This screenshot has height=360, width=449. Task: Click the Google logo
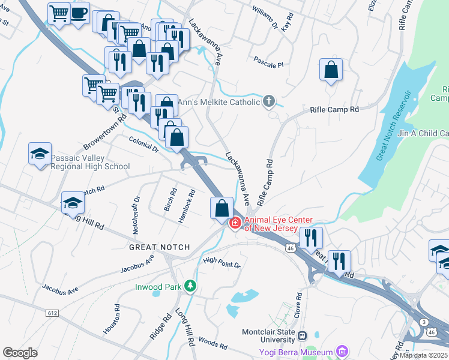[20, 353]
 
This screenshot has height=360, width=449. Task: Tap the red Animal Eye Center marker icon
[235, 223]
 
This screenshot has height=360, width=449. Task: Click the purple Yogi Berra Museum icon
[342, 351]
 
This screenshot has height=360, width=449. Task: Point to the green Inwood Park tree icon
[190, 287]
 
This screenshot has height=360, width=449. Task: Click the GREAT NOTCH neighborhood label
[159, 247]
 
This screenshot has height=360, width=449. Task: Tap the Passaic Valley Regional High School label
[90, 163]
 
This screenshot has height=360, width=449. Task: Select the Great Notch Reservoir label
[394, 127]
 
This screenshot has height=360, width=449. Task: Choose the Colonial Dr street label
[143, 145]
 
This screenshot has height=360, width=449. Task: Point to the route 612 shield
[53, 313]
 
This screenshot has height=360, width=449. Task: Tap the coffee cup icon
[79, 13]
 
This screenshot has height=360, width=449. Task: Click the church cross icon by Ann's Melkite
[270, 101]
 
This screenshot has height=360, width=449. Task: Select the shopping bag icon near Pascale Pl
[331, 70]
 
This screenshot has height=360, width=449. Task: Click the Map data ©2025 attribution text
[423, 355]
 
